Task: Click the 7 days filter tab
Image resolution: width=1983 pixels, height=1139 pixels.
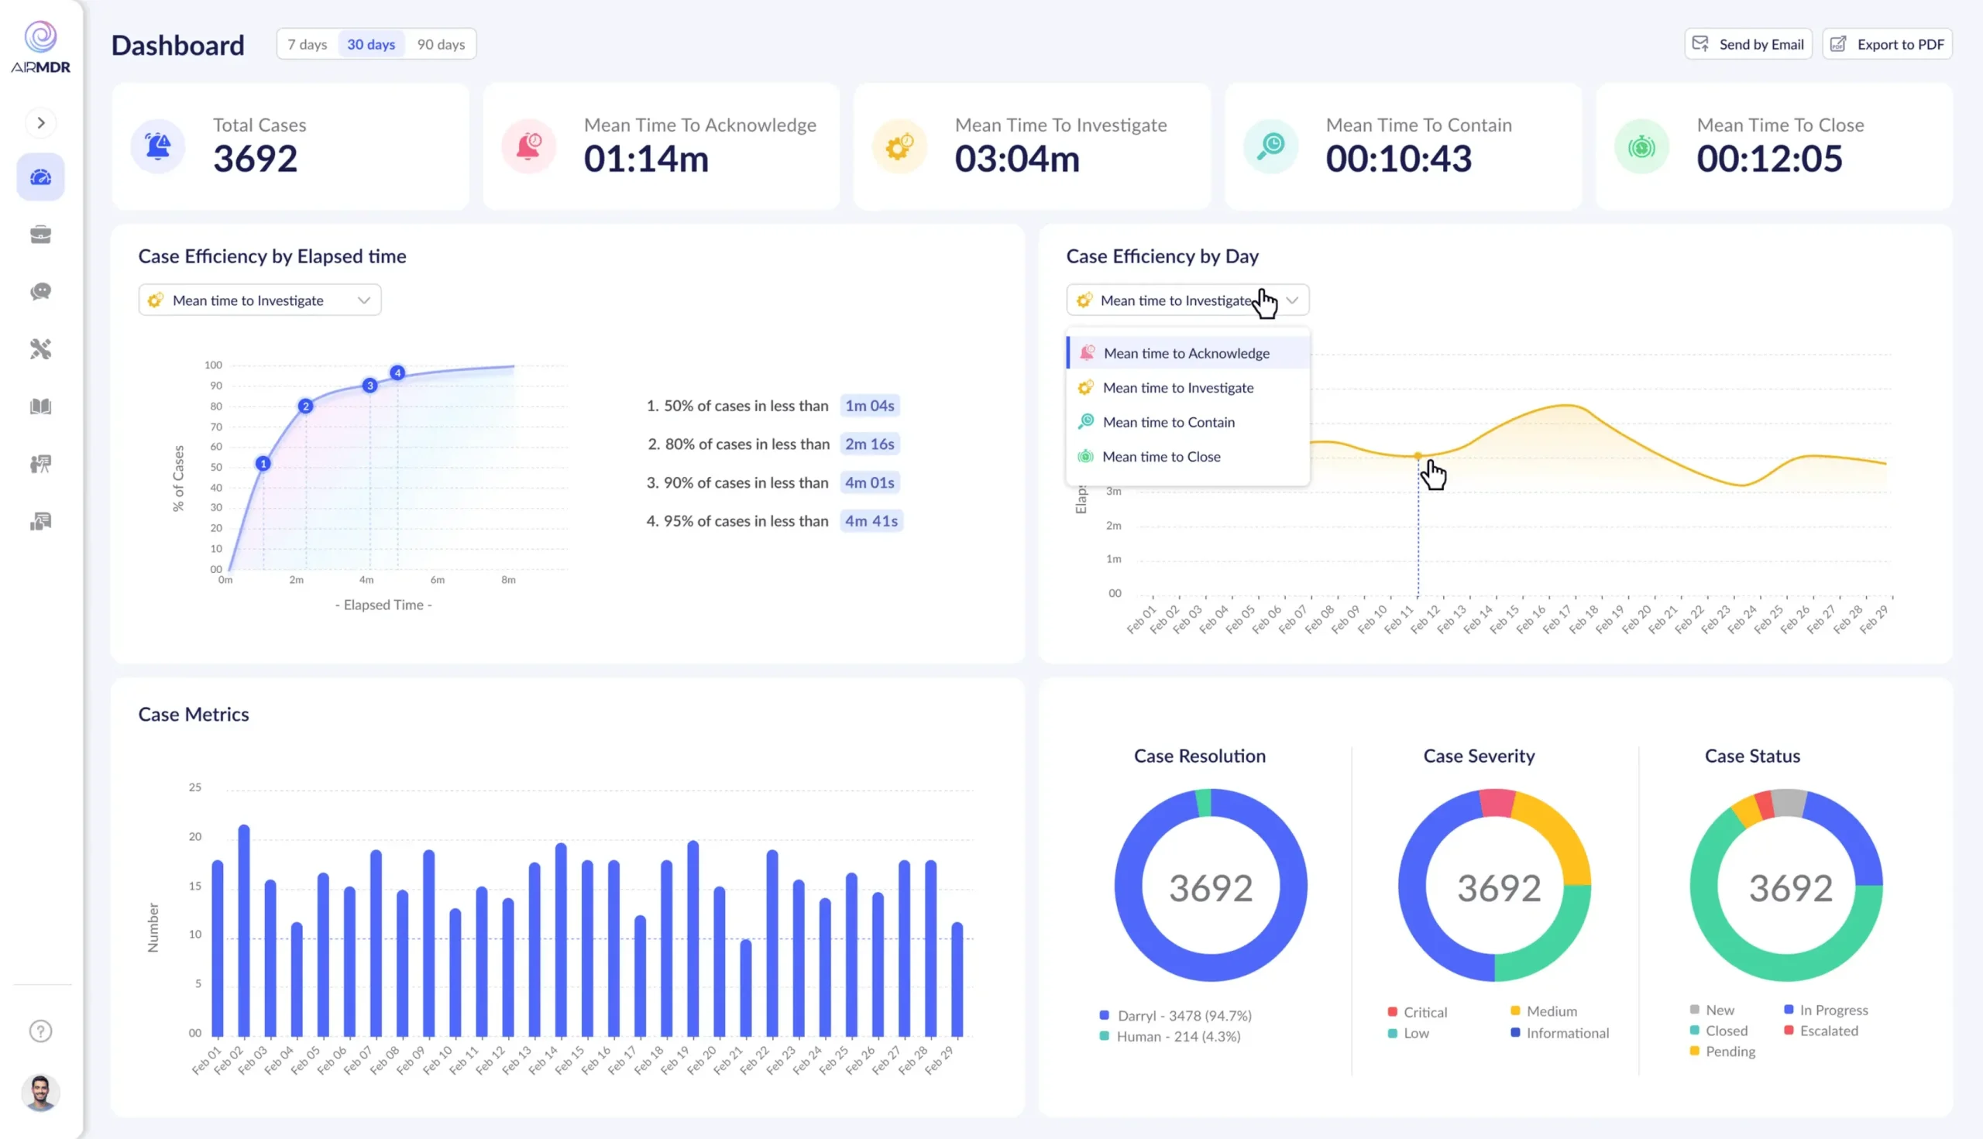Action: click(x=307, y=45)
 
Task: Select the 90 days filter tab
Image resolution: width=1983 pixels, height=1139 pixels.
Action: click(x=441, y=45)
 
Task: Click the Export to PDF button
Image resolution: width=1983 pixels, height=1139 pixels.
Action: click(x=1887, y=45)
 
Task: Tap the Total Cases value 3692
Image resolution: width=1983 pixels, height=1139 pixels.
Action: click(x=255, y=159)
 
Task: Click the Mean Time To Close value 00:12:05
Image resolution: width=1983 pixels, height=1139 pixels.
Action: click(x=1768, y=159)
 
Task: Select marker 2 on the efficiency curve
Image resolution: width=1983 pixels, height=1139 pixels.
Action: click(x=306, y=406)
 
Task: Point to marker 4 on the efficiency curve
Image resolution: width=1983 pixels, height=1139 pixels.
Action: click(x=397, y=373)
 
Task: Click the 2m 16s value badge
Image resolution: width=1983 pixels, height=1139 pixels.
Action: click(x=869, y=444)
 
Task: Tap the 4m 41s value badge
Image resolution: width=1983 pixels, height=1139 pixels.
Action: click(x=871, y=521)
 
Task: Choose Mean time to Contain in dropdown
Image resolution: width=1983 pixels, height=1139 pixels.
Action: click(x=1168, y=423)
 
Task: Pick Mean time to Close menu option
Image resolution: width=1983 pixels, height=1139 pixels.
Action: click(x=1161, y=457)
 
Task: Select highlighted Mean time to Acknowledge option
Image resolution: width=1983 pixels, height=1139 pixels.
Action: click(x=1186, y=354)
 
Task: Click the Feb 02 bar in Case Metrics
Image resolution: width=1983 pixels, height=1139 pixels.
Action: click(x=244, y=931)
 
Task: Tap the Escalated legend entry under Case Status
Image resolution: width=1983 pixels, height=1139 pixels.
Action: click(x=1828, y=1031)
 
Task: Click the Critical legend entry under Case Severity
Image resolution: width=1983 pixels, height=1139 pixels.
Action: click(x=1425, y=1012)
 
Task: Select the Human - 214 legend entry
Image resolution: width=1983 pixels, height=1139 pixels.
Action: click(x=1177, y=1037)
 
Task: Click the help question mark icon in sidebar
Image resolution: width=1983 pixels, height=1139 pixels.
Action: click(x=41, y=1031)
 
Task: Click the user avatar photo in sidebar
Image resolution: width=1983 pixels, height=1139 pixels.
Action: click(x=41, y=1092)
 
